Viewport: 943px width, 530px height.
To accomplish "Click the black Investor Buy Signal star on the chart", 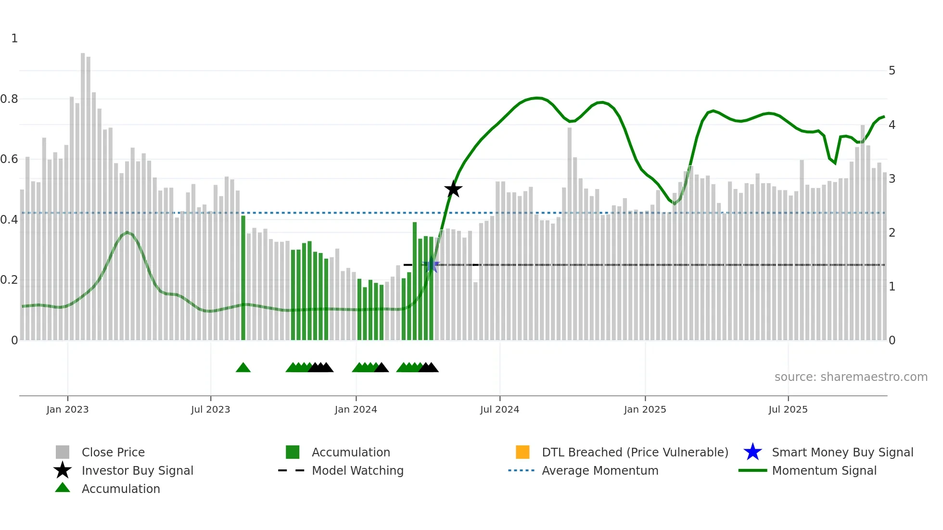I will click(x=453, y=189).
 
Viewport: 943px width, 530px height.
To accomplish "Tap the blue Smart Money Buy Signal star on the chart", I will click(x=431, y=265).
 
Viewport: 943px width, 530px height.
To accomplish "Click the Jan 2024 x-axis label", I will click(x=356, y=409).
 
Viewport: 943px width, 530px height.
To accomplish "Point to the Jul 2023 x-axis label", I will click(x=210, y=409).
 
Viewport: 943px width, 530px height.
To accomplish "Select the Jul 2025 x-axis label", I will click(x=788, y=409).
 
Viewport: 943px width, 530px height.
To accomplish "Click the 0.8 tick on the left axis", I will click(x=10, y=99).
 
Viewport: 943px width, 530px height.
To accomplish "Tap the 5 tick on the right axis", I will click(x=892, y=71).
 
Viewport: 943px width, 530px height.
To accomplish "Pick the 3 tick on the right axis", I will click(x=892, y=179).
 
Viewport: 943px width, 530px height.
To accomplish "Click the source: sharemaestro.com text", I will click(x=851, y=377).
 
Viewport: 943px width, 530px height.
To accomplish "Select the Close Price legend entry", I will click(x=113, y=452).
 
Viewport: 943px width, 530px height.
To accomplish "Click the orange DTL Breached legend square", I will click(x=522, y=452).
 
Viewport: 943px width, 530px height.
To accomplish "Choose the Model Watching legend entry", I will click(x=357, y=470).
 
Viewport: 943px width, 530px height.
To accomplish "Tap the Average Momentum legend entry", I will click(x=599, y=470).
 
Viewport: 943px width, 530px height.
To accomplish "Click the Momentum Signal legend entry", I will click(x=824, y=470).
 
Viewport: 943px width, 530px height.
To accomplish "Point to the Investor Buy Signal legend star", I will click(x=63, y=470).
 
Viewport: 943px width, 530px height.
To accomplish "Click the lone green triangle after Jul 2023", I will click(x=243, y=368).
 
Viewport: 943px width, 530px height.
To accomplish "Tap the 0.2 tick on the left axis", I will click(x=10, y=280).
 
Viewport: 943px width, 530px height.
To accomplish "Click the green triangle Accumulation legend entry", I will click(x=120, y=489).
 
